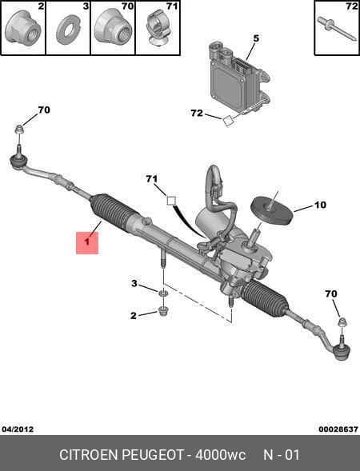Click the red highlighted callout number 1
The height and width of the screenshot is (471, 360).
pos(87,243)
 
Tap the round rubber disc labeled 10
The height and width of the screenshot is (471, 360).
pos(272,210)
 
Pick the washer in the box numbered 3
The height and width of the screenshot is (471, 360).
pos(68,31)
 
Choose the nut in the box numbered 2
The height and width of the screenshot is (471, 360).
pos(23,28)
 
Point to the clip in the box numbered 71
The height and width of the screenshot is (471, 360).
pos(158,28)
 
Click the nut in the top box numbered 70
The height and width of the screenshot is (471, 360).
pos(114,26)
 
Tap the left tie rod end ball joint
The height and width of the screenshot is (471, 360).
pos(19,160)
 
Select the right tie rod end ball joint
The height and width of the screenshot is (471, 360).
pos(341,352)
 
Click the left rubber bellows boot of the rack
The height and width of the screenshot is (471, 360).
pos(111,211)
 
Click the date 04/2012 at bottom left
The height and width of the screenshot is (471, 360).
pos(18,429)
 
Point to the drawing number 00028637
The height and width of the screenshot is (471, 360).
pos(338,429)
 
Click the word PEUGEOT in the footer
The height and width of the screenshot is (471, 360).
pos(152,455)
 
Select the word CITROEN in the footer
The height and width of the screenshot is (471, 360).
pos(89,455)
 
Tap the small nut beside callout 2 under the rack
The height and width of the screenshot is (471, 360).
pos(163,311)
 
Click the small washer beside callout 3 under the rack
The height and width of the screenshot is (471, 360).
pos(163,293)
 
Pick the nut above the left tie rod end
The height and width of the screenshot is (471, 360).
pos(19,130)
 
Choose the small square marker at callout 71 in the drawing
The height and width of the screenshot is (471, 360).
pos(171,201)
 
